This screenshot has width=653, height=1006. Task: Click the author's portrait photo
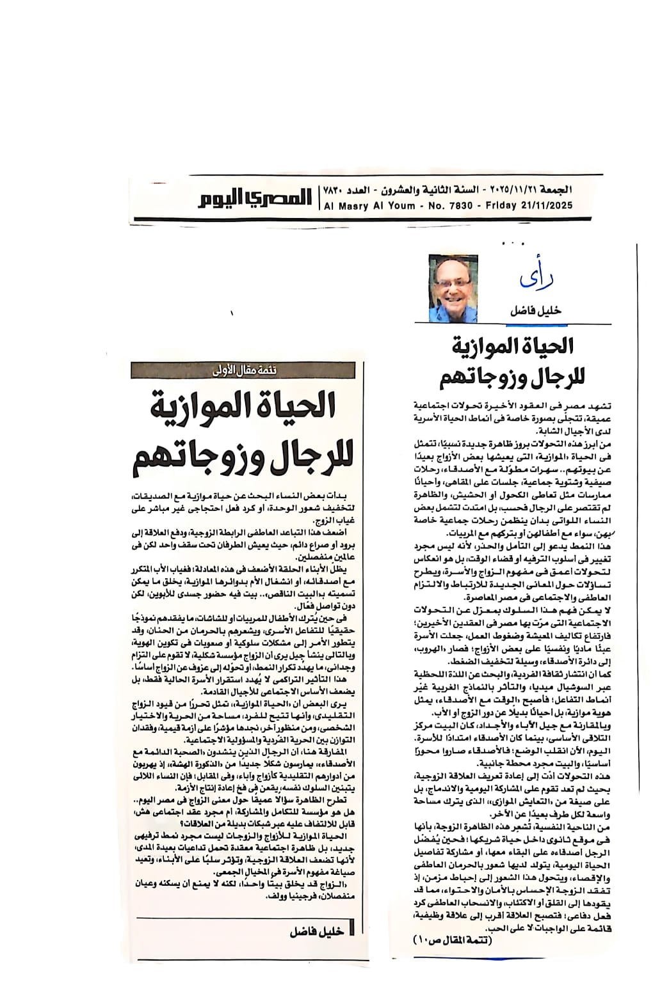point(453,288)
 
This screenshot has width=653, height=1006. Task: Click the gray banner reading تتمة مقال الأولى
point(247,370)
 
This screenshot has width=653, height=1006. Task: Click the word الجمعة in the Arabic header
point(558,190)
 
